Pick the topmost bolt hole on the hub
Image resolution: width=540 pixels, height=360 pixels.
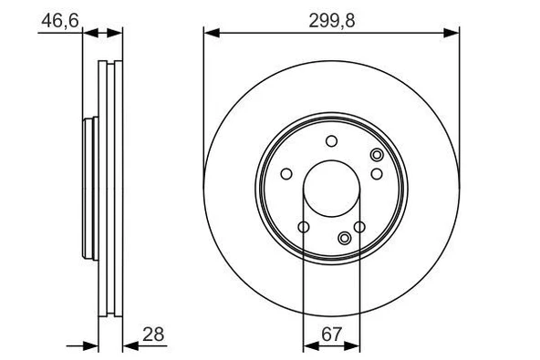pyautogui.click(x=331, y=140)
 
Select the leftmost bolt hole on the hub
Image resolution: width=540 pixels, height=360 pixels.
pyautogui.click(x=286, y=174)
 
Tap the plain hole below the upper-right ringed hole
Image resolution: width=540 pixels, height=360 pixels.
pyautogui.click(x=376, y=173)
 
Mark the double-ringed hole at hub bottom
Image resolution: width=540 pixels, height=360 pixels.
pyautogui.click(x=344, y=239)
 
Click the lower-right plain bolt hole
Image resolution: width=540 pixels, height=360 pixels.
pyautogui.click(x=359, y=228)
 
